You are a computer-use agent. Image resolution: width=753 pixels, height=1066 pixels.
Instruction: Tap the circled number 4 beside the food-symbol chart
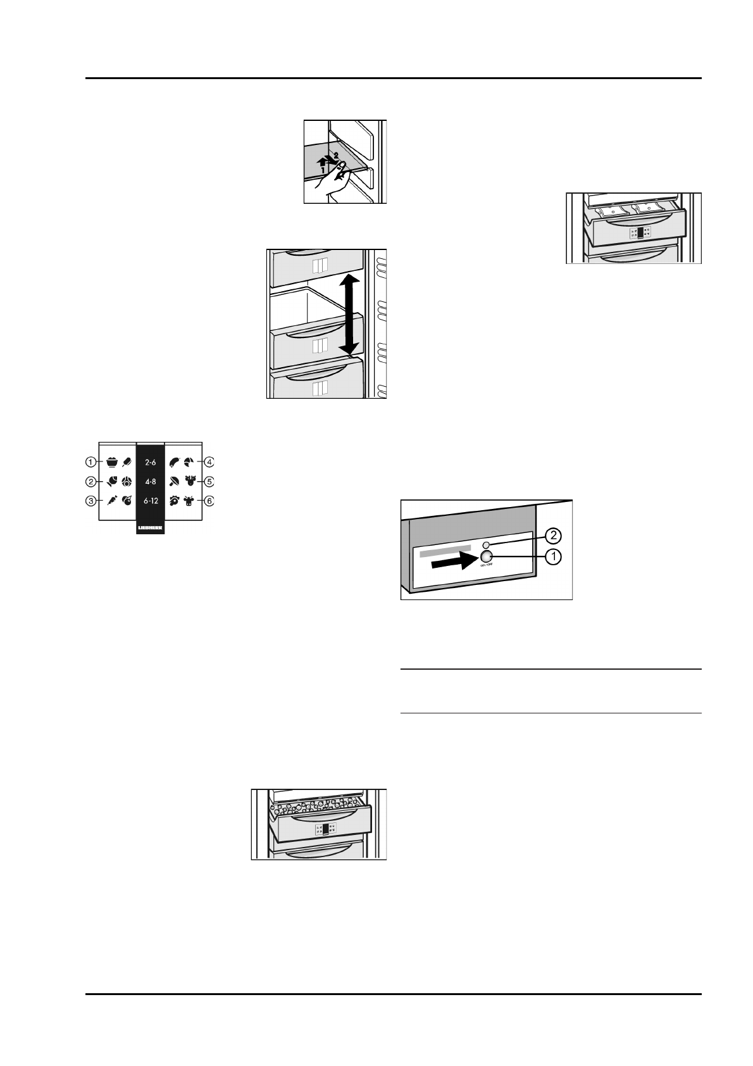coord(209,462)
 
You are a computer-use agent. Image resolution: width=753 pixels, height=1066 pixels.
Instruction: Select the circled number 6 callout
coord(209,501)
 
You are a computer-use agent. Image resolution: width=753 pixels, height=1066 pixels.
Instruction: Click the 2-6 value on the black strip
coord(151,463)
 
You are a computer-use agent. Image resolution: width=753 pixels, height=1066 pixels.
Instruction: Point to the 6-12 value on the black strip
coord(151,501)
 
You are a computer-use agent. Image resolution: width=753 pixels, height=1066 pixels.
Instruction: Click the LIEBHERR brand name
coord(151,527)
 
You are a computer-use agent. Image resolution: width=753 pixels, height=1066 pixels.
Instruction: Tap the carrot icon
coord(111,501)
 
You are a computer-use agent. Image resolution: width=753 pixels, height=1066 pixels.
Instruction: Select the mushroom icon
coord(174,481)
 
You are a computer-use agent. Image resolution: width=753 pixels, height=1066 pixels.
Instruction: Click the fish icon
coord(111,481)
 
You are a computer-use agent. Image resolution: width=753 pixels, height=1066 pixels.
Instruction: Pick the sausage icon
coord(174,462)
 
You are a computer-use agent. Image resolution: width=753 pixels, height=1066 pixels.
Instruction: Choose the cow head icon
coord(189,501)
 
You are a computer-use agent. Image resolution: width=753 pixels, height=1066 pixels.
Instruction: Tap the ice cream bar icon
coord(127,462)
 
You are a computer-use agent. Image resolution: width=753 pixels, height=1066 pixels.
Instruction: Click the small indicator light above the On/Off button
coord(486,544)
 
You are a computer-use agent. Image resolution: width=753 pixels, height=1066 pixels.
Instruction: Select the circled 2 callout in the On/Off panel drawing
coord(552,536)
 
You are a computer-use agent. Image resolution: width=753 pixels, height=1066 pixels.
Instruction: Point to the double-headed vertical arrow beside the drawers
coord(349,315)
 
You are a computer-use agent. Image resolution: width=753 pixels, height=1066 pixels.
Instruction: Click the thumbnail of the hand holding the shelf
coord(345,161)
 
